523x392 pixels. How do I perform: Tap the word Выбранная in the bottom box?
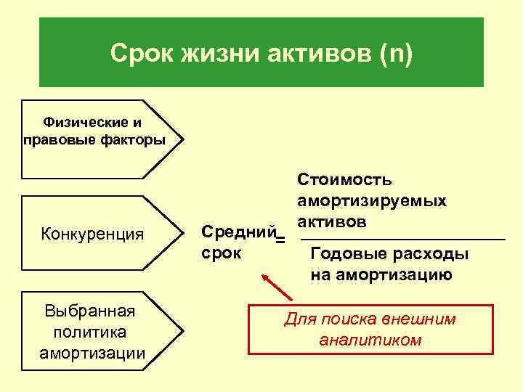coord(91,311)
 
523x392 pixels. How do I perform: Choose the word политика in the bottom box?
coord(91,332)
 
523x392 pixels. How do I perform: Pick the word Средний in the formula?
coord(239,232)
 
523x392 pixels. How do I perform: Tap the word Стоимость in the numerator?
coord(344,179)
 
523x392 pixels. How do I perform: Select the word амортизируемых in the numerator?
coord(371,200)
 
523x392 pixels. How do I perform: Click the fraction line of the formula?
coord(402,238)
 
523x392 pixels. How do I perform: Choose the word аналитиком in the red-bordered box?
coord(370,339)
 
